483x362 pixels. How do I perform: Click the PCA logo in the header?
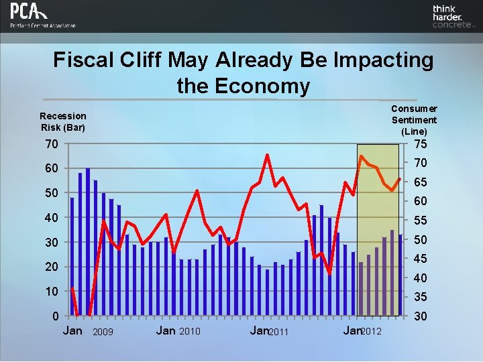pos(42,15)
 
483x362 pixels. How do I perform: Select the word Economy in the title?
pos(268,86)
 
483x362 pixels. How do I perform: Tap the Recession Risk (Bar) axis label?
pos(63,121)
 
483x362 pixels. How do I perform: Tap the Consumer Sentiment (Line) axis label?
pos(414,120)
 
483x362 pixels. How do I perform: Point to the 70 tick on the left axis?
pos(52,144)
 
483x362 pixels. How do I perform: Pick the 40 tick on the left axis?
pos(52,218)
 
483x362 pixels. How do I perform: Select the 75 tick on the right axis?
pos(421,144)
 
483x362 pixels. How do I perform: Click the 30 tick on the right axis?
pos(421,316)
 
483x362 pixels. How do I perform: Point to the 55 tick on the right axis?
pos(421,221)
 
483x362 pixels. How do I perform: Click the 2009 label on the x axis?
pos(103,332)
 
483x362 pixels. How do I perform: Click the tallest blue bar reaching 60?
pos(88,241)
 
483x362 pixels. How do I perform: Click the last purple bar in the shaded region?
pos(400,275)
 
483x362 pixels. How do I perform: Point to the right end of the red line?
pos(400,179)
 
